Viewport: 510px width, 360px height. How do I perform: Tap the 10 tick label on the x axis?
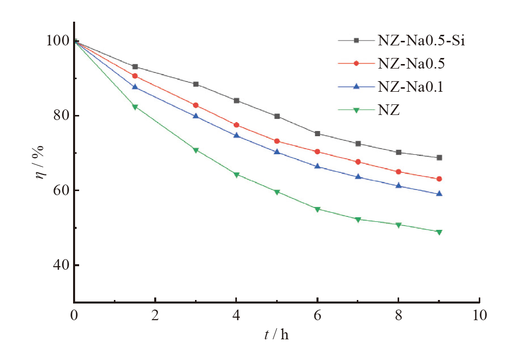(479, 316)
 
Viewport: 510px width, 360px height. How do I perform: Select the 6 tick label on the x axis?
(317, 316)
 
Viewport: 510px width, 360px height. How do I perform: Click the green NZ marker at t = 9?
(439, 232)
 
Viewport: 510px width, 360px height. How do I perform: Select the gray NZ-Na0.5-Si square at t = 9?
(439, 158)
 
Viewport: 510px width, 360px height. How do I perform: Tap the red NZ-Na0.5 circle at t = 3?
(196, 105)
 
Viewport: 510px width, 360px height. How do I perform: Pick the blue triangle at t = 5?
(277, 151)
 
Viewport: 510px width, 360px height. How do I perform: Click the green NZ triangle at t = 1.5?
(135, 107)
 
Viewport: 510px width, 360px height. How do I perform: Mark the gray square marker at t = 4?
(236, 100)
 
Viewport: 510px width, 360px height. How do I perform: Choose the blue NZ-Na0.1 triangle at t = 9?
(439, 194)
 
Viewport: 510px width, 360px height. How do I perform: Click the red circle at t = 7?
(358, 162)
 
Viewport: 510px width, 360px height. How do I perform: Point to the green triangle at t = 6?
(317, 209)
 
